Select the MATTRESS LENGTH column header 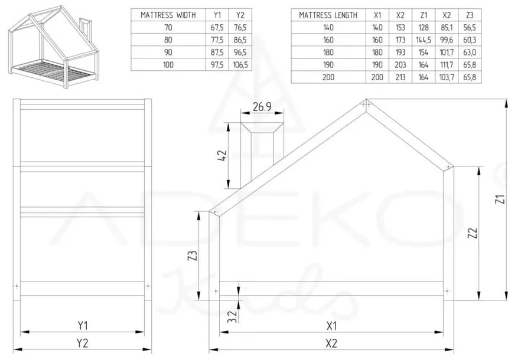click(328, 15)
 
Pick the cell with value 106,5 click(240, 64)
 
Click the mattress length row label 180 click(328, 52)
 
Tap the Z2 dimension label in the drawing click(471, 234)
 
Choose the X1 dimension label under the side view click(331, 325)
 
